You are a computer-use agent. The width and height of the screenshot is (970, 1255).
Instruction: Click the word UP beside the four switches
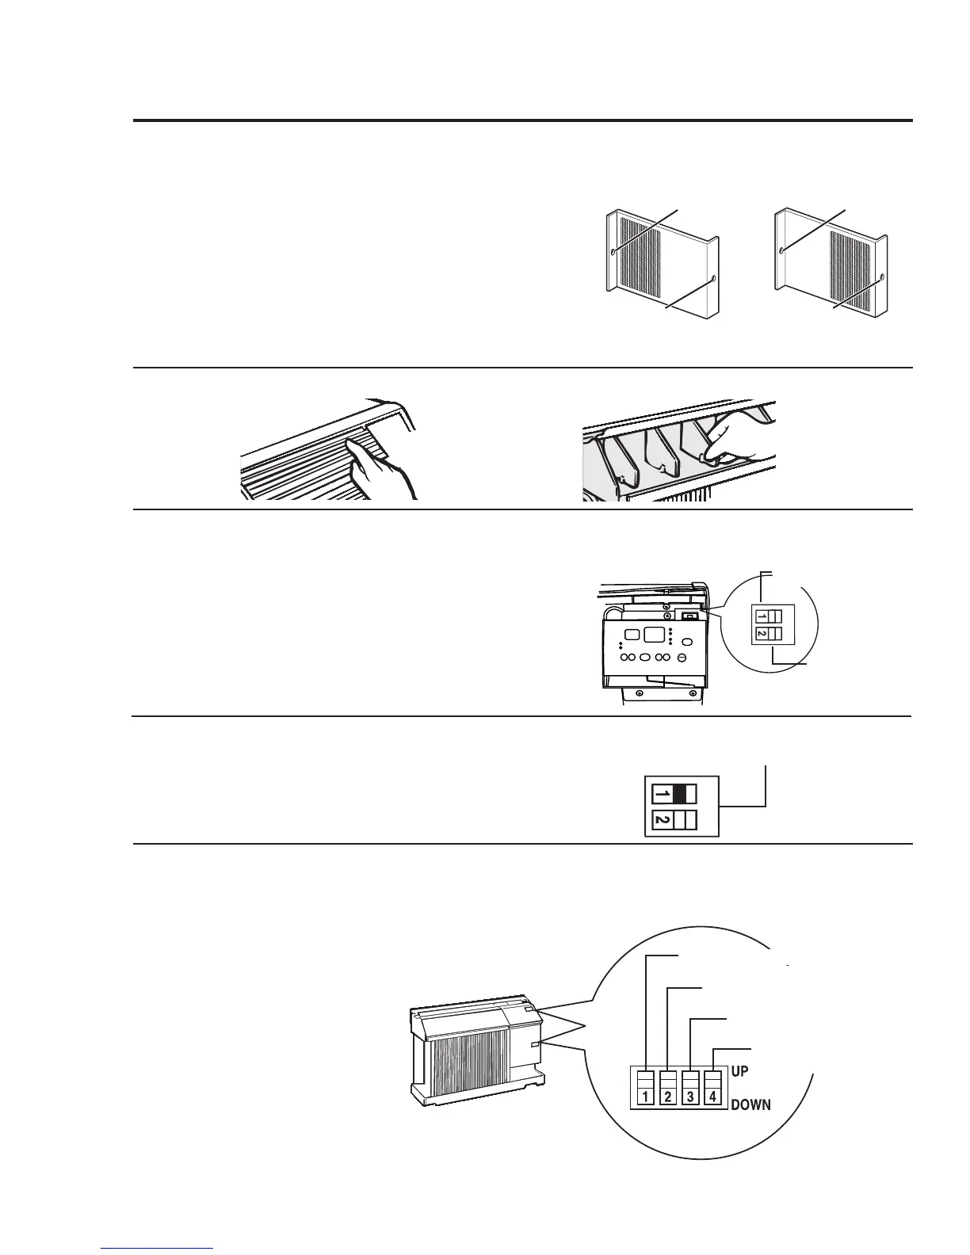pyautogui.click(x=739, y=1070)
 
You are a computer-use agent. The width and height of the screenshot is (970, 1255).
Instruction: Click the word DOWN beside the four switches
pyautogui.click(x=750, y=1104)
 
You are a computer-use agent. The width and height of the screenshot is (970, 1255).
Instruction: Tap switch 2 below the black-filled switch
pyautogui.click(x=674, y=820)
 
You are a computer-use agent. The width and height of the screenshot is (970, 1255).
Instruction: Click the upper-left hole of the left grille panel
pyautogui.click(x=615, y=252)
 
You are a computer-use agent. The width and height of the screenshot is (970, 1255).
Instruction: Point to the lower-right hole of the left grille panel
pyautogui.click(x=714, y=279)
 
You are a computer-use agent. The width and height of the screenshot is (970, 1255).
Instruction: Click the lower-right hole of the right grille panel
pyautogui.click(x=880, y=278)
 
